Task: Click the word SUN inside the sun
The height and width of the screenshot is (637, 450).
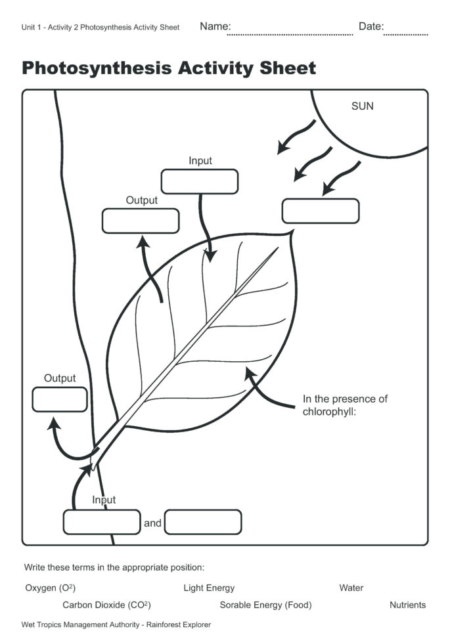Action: (x=362, y=106)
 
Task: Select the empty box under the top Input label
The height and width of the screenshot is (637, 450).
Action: (x=200, y=182)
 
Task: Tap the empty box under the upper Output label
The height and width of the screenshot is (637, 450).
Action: (x=141, y=221)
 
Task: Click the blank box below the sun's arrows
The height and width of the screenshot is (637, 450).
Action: (x=321, y=211)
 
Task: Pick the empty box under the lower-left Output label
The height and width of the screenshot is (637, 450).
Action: (x=60, y=399)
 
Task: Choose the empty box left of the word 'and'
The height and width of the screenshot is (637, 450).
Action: (x=102, y=522)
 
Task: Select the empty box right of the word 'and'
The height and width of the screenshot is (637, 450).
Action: (x=203, y=522)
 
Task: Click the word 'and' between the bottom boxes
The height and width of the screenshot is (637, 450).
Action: (x=152, y=523)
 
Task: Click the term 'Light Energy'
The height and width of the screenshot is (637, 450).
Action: (x=209, y=588)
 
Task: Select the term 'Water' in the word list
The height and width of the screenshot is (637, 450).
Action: (x=351, y=588)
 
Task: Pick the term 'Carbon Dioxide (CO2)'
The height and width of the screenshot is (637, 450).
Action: (x=106, y=605)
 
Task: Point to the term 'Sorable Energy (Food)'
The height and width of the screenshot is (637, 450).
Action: (x=265, y=605)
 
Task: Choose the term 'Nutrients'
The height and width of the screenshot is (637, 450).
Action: (x=407, y=605)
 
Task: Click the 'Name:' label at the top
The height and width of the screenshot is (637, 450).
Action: (x=215, y=26)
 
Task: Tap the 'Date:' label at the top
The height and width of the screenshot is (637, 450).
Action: (x=371, y=26)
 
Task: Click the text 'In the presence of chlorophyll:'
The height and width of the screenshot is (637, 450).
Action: (x=345, y=405)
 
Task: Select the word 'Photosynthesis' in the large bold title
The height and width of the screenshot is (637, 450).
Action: (x=95, y=68)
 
